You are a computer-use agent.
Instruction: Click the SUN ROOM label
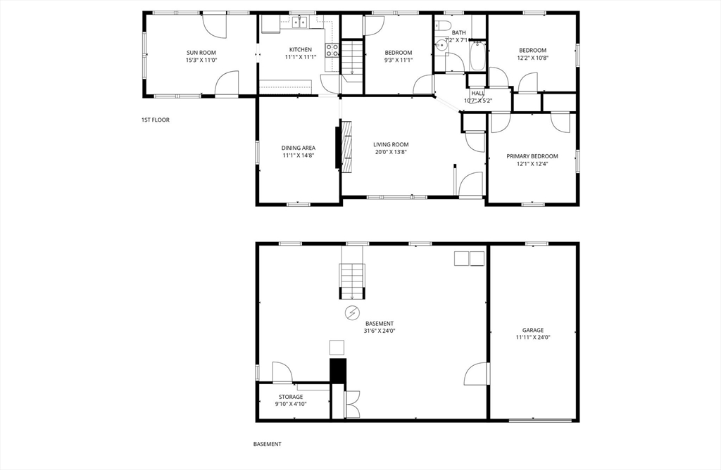coord(201,53)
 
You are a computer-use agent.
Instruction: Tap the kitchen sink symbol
coord(300,23)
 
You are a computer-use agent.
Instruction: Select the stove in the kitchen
coord(331,50)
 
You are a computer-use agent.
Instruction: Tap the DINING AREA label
coord(299,148)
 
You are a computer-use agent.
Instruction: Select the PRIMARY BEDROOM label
coord(532,156)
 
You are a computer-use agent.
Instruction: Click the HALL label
coord(478,93)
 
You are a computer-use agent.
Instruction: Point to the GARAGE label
coord(532,330)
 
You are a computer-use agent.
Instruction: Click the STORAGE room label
coord(291,397)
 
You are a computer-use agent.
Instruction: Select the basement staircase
coord(352,280)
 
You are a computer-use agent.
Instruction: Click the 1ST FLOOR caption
coord(156,120)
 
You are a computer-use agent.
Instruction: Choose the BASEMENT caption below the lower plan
coord(268,444)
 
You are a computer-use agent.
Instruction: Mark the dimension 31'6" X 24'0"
coord(379,331)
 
